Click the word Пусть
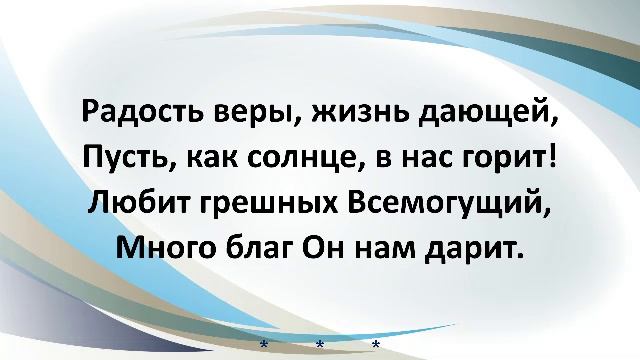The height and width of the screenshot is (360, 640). click(123, 159)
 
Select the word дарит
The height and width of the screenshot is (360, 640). click(483, 248)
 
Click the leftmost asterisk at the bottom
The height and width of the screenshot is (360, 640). click(264, 345)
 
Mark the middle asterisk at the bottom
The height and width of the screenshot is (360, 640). click(320, 345)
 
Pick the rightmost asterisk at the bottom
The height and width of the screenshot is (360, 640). click(376, 345)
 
